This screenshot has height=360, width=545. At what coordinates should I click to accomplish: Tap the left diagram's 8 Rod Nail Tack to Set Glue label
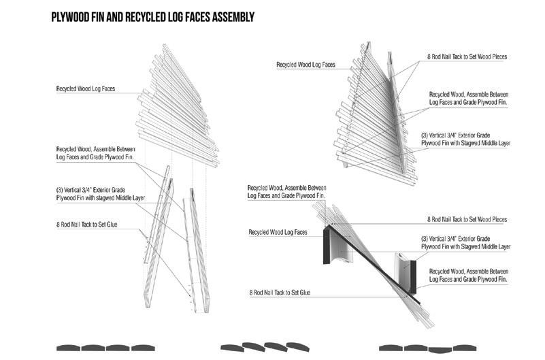pos(88,224)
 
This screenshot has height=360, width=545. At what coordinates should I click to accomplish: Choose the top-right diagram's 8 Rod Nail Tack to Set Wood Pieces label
pos(467,57)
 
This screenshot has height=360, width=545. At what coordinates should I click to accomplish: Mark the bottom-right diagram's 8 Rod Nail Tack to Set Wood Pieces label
pos(467,219)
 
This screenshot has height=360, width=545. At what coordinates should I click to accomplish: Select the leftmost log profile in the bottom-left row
pos(71,347)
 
